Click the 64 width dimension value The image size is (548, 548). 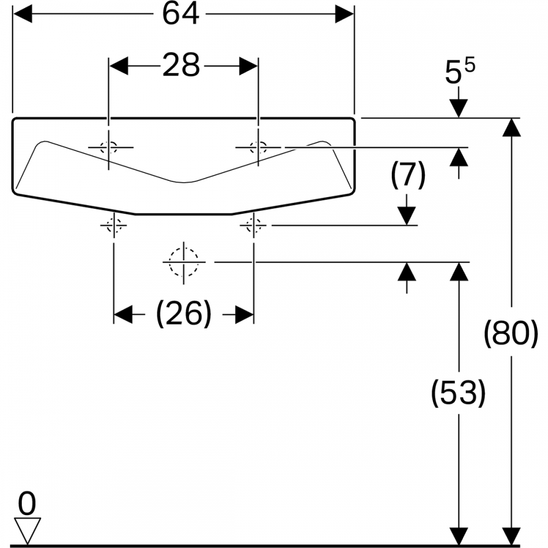(180, 15)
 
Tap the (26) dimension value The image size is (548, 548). (184, 315)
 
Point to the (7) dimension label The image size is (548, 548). (407, 177)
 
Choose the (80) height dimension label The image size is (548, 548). (511, 334)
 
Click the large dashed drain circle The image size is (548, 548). (184, 262)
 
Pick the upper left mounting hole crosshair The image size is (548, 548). (109, 147)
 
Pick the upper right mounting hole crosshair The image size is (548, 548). (258, 147)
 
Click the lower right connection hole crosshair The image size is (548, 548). (253, 225)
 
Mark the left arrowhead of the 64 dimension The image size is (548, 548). (22, 15)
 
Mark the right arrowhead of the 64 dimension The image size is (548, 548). (345, 15)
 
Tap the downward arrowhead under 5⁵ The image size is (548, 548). (459, 108)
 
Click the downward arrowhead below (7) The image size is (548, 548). (407, 215)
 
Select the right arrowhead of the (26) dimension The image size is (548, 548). (244, 315)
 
